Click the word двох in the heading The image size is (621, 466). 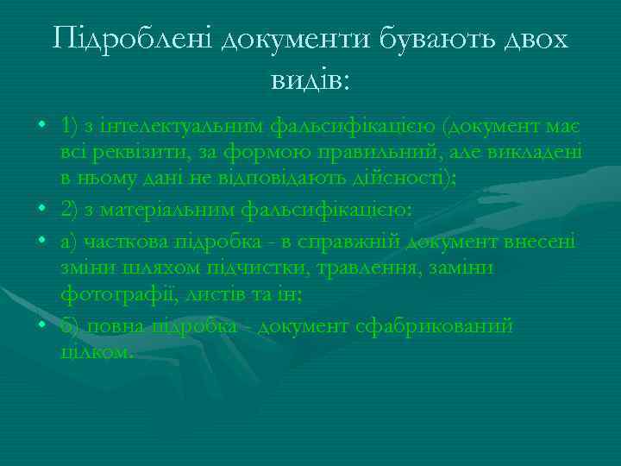[529, 41]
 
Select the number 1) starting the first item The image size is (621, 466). [71, 129]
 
